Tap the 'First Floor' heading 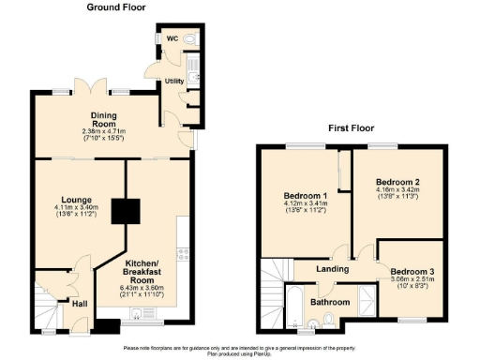tap(352, 127)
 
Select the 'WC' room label tap(172, 38)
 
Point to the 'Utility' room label tap(174, 82)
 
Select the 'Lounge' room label tap(72, 198)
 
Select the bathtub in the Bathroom tap(292, 309)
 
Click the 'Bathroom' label tap(330, 302)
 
